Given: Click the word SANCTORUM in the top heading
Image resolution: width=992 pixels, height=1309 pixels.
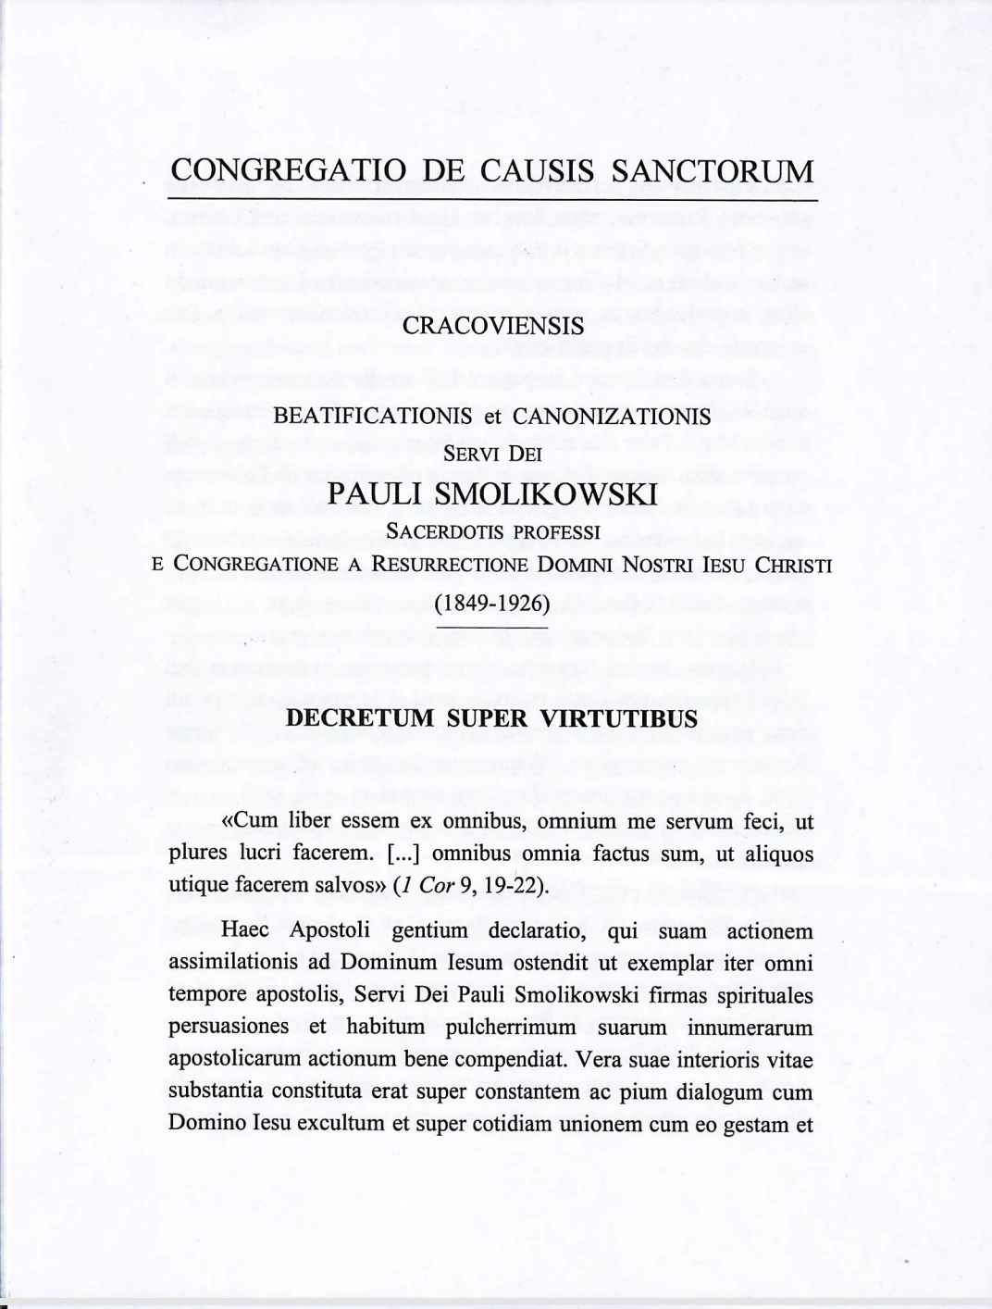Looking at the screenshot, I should click(713, 171).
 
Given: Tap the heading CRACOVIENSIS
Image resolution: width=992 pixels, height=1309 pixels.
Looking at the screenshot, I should click(493, 327).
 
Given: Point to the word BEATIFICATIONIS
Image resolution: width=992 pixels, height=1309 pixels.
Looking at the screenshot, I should click(373, 417).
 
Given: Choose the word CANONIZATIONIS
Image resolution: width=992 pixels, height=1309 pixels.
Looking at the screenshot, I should click(612, 417).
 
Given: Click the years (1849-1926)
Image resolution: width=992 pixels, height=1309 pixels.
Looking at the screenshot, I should click(492, 605).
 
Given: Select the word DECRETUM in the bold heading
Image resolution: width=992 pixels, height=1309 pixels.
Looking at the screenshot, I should click(360, 719).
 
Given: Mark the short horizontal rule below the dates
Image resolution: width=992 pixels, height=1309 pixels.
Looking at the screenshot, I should click(492, 628).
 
